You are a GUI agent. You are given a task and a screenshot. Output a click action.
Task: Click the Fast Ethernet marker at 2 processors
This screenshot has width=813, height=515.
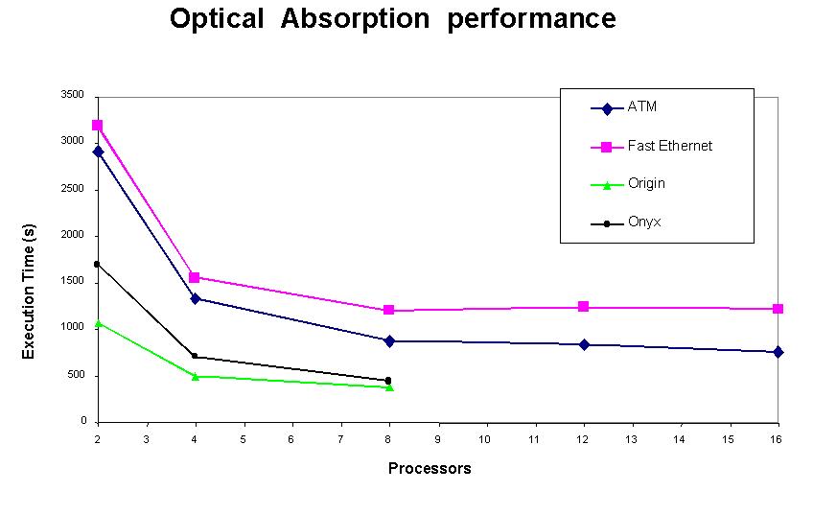[x=98, y=125]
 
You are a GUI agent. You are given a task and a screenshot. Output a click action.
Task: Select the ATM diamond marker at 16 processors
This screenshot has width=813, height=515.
[x=778, y=352]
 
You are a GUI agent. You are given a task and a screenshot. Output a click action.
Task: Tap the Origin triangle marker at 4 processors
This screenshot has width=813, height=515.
[x=196, y=376]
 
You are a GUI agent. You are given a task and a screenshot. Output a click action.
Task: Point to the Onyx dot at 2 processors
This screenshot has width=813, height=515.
[x=98, y=264]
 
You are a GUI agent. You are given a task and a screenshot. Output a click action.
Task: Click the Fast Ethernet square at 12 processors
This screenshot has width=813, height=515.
[x=583, y=307]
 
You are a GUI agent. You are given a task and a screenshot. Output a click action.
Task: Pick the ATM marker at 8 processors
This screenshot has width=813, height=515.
[x=389, y=340]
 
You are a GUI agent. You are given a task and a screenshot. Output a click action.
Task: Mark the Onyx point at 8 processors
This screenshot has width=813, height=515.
[x=388, y=381]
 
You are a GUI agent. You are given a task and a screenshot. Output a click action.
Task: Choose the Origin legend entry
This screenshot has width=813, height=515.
[x=646, y=184]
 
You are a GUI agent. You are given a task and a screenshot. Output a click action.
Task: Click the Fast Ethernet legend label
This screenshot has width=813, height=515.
[x=669, y=147]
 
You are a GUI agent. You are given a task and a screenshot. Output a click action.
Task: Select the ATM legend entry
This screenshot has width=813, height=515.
[x=641, y=107]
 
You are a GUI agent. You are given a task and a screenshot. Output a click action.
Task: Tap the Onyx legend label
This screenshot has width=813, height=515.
[x=643, y=222]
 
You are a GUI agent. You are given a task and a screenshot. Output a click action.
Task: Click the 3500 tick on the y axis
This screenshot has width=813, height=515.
[x=74, y=95]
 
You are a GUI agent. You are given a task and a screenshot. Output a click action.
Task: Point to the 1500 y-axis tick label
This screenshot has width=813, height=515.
[x=74, y=282]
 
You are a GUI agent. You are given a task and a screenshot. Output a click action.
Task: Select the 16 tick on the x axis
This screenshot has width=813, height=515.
[x=778, y=438]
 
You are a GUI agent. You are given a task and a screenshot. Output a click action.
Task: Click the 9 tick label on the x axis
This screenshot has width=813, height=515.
[x=438, y=438]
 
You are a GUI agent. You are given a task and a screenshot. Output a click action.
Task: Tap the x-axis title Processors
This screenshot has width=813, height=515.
[x=430, y=469]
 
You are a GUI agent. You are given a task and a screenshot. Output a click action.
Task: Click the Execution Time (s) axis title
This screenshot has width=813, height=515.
[x=29, y=292]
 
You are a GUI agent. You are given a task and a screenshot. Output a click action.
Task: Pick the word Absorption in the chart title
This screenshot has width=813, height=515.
[x=357, y=18]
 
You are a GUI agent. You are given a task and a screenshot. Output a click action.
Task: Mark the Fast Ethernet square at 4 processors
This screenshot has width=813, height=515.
[x=196, y=277]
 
